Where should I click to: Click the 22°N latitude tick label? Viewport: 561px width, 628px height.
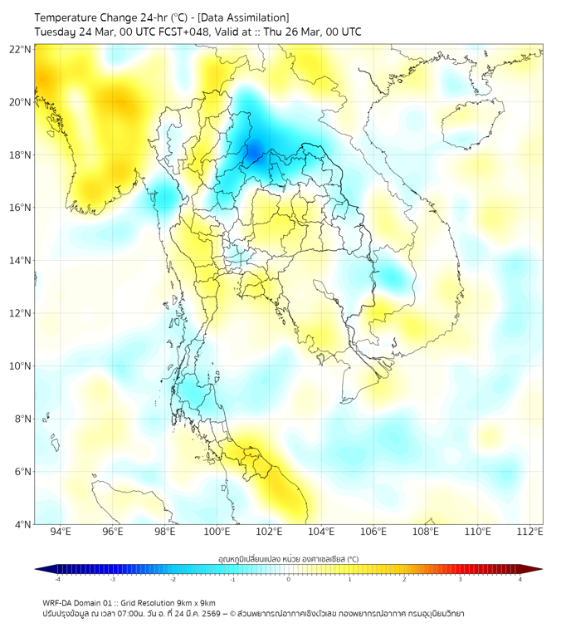tap(21, 49)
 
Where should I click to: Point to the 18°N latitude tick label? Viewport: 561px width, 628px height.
tap(21, 155)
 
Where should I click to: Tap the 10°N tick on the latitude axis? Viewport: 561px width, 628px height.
tap(21, 366)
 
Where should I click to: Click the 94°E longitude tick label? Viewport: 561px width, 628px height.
tap(61, 532)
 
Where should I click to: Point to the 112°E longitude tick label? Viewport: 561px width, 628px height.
tap(530, 532)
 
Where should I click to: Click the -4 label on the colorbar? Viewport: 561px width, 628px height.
tap(56, 579)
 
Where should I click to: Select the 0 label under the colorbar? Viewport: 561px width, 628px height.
tap(289, 579)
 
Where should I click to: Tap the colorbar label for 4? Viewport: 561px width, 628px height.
tap(520, 579)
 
